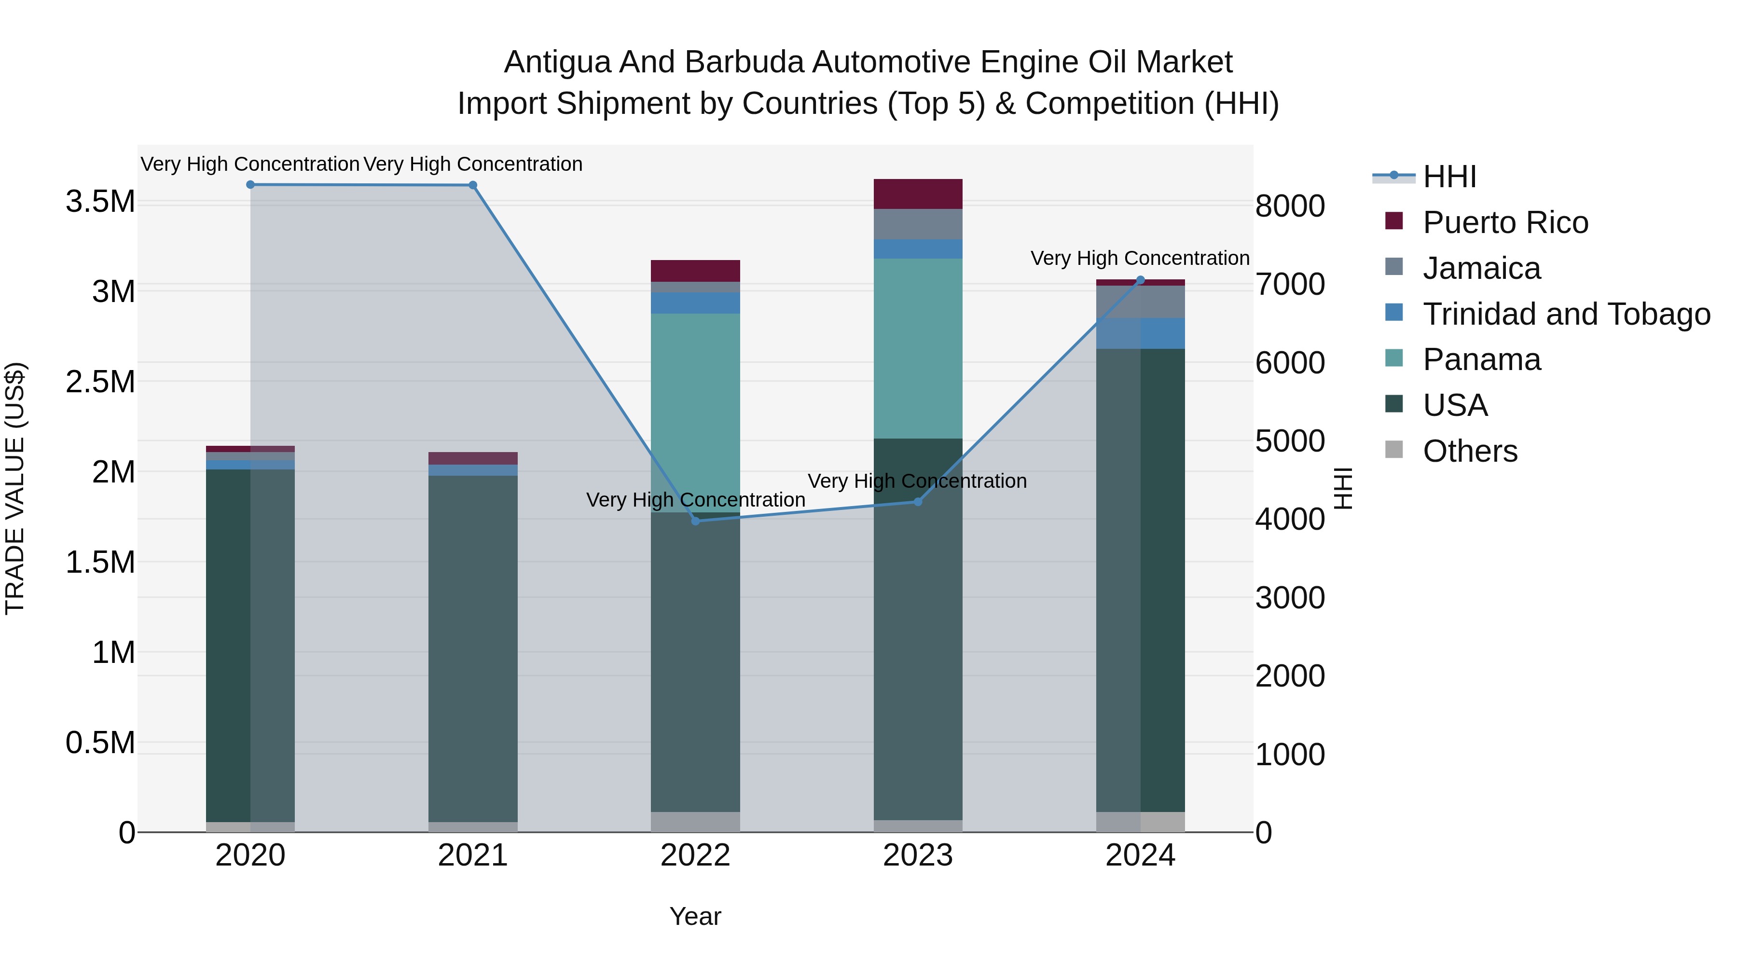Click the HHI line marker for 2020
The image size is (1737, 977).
tap(250, 185)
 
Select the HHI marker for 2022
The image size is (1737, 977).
tap(696, 521)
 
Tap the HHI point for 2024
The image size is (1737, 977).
tap(1140, 280)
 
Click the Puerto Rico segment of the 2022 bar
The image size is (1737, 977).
tap(695, 270)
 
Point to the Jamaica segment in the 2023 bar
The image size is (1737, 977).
tap(918, 224)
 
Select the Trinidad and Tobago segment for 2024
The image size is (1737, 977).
tap(1140, 333)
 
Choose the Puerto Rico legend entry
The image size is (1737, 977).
tap(1505, 222)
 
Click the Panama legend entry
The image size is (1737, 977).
tap(1481, 359)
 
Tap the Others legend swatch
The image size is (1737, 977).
tap(1394, 450)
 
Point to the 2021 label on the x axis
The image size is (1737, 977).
tap(473, 855)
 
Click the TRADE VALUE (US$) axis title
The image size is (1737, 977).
tap(15, 488)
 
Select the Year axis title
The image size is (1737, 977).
tap(695, 916)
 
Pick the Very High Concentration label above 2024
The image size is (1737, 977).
tap(1140, 258)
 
